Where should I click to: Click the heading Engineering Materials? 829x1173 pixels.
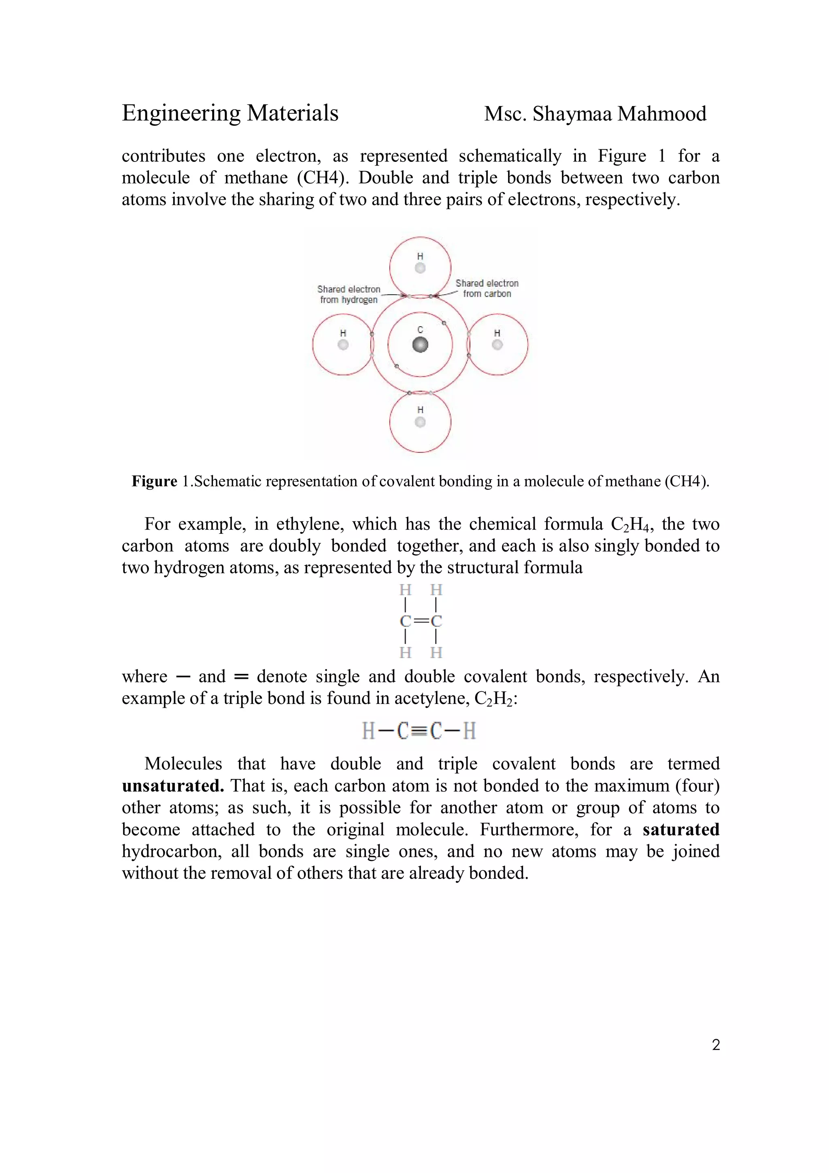click(x=230, y=113)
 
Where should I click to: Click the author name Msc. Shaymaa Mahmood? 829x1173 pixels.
click(x=595, y=114)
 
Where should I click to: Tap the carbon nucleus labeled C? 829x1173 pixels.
click(x=420, y=345)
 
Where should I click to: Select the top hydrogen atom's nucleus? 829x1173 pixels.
click(x=420, y=268)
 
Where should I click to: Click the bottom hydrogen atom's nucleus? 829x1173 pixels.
click(x=420, y=422)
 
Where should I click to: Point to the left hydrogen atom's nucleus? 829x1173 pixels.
click(x=343, y=345)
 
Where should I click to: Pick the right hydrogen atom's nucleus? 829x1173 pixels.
click(x=497, y=345)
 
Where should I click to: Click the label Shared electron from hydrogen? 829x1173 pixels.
click(x=349, y=294)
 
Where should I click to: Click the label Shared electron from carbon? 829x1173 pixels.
click(x=487, y=288)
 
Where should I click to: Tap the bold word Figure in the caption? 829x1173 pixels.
click(x=154, y=481)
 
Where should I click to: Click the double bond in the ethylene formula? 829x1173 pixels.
click(x=421, y=621)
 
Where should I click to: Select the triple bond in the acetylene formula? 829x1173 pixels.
click(x=419, y=731)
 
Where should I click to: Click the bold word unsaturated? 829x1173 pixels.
click(x=173, y=785)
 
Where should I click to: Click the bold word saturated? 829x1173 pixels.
click(x=680, y=829)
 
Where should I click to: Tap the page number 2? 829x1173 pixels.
click(x=716, y=1045)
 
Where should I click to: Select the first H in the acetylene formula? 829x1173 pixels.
click(x=368, y=731)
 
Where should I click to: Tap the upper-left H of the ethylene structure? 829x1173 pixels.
click(x=406, y=590)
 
